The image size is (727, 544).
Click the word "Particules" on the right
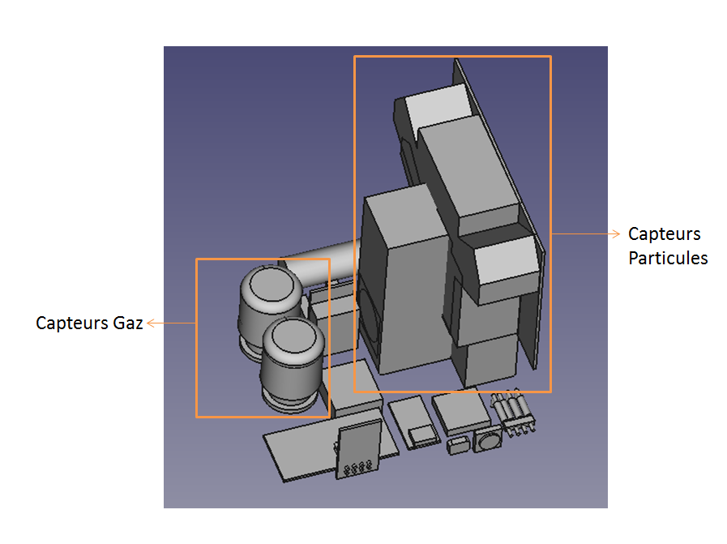[x=668, y=258]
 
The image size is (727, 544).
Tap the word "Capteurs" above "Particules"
[x=665, y=234]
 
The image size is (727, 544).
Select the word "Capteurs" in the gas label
[x=72, y=323]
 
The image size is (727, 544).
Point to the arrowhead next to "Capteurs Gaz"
[x=151, y=323]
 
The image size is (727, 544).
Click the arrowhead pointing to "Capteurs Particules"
[x=616, y=234]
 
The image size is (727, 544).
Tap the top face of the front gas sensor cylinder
[x=293, y=336]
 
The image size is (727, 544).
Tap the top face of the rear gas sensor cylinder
[x=272, y=285]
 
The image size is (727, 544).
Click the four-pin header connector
[x=513, y=413]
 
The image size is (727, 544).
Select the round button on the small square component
[x=488, y=439]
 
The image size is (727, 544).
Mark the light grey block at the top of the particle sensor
[x=439, y=105]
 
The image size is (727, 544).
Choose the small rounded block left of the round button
[x=458, y=446]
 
